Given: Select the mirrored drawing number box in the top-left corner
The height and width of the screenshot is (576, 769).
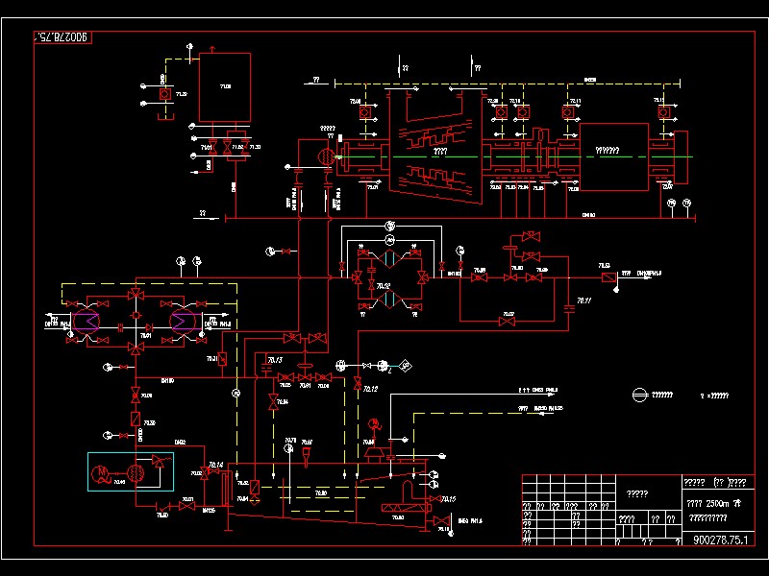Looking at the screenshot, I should (x=62, y=36).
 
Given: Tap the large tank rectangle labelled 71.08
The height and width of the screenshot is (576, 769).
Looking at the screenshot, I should (x=225, y=86).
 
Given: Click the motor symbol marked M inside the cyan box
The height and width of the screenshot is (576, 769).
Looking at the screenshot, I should (x=102, y=471).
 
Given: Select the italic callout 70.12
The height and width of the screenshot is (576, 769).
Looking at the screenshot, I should (x=369, y=388).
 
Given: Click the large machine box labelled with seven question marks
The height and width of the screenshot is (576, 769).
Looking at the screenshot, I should (x=612, y=151).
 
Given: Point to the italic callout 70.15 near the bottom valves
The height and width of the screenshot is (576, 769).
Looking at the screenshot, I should (x=449, y=499).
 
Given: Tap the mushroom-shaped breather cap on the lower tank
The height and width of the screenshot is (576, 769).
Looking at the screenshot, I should (x=373, y=450).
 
